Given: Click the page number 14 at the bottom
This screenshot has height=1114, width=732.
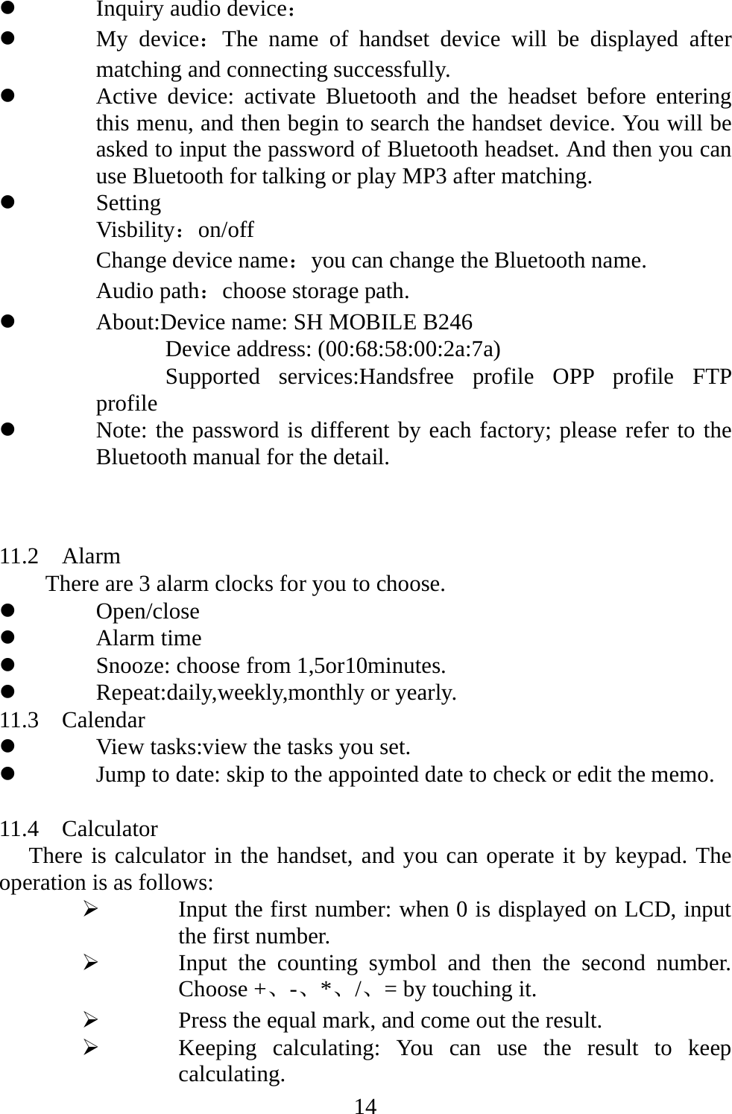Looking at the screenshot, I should pos(365,1105).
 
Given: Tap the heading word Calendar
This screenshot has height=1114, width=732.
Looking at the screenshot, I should pos(104,721).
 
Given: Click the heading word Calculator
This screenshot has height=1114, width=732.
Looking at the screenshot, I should pos(110,829).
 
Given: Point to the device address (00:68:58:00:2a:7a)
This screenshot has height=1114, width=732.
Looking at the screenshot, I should pos(409,349).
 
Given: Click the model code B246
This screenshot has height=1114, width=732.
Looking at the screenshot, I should pos(447,323).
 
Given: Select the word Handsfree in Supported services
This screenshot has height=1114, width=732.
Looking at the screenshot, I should pos(406,377).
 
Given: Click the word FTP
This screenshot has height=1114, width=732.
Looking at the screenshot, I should pos(711,377).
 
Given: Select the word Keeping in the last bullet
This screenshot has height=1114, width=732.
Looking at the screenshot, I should pos(217,1048).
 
